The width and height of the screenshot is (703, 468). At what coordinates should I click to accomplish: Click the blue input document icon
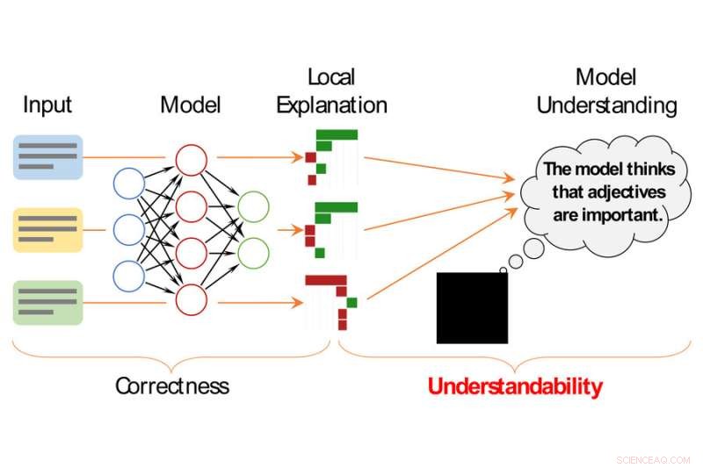click(x=47, y=157)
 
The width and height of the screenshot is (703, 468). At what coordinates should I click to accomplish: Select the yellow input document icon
click(x=47, y=230)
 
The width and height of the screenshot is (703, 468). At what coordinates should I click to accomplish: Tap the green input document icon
click(x=47, y=303)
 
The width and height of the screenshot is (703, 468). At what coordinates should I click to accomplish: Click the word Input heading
click(x=47, y=105)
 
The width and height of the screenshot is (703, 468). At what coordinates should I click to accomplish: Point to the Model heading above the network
click(x=190, y=105)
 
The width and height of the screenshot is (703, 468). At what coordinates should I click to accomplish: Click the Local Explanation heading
click(x=331, y=91)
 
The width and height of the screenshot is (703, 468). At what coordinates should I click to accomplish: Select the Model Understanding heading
click(x=606, y=91)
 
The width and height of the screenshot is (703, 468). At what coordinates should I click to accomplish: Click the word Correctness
click(x=172, y=385)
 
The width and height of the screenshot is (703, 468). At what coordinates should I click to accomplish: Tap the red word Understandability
click(x=515, y=386)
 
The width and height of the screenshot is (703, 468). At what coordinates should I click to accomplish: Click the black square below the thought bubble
click(x=472, y=307)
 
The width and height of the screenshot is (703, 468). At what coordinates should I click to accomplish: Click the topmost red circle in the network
click(x=191, y=161)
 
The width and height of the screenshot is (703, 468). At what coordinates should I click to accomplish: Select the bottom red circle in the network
click(x=191, y=300)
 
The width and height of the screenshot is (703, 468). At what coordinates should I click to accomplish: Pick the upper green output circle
click(x=253, y=207)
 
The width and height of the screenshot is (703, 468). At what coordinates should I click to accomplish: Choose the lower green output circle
click(x=253, y=253)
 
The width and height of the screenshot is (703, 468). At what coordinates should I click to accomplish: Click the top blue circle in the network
click(x=129, y=184)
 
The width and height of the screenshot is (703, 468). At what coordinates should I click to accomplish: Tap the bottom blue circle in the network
click(x=129, y=276)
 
